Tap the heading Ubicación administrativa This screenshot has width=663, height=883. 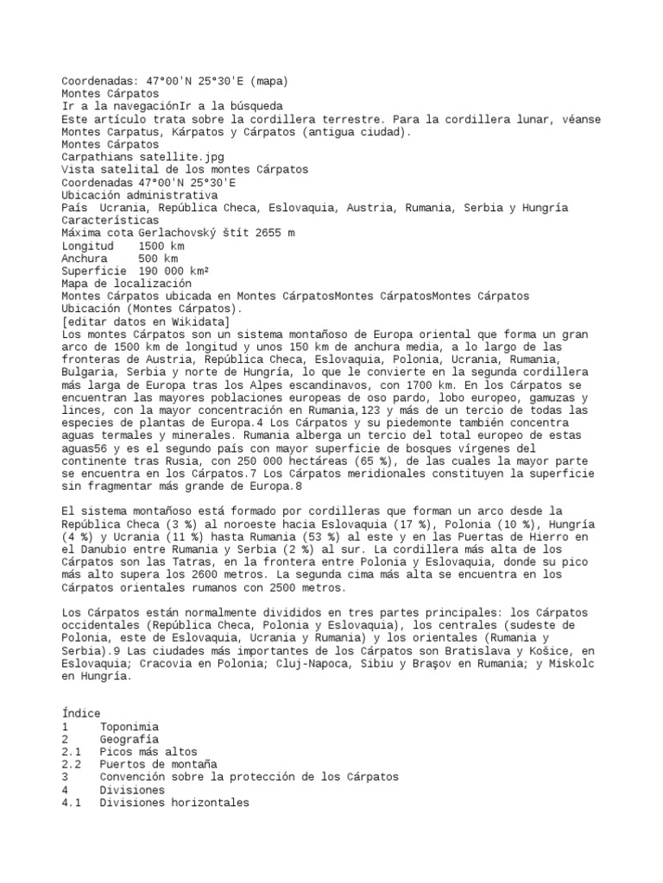click(146, 195)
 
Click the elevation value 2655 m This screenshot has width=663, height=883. click(279, 233)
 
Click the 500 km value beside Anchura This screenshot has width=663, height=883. click(158, 258)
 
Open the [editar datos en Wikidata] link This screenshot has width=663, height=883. click(146, 321)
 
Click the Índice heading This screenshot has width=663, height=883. click(81, 713)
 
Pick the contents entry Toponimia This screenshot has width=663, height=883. click(128, 726)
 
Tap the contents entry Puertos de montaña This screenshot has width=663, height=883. click(158, 764)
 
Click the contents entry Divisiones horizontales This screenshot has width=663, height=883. click(174, 802)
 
